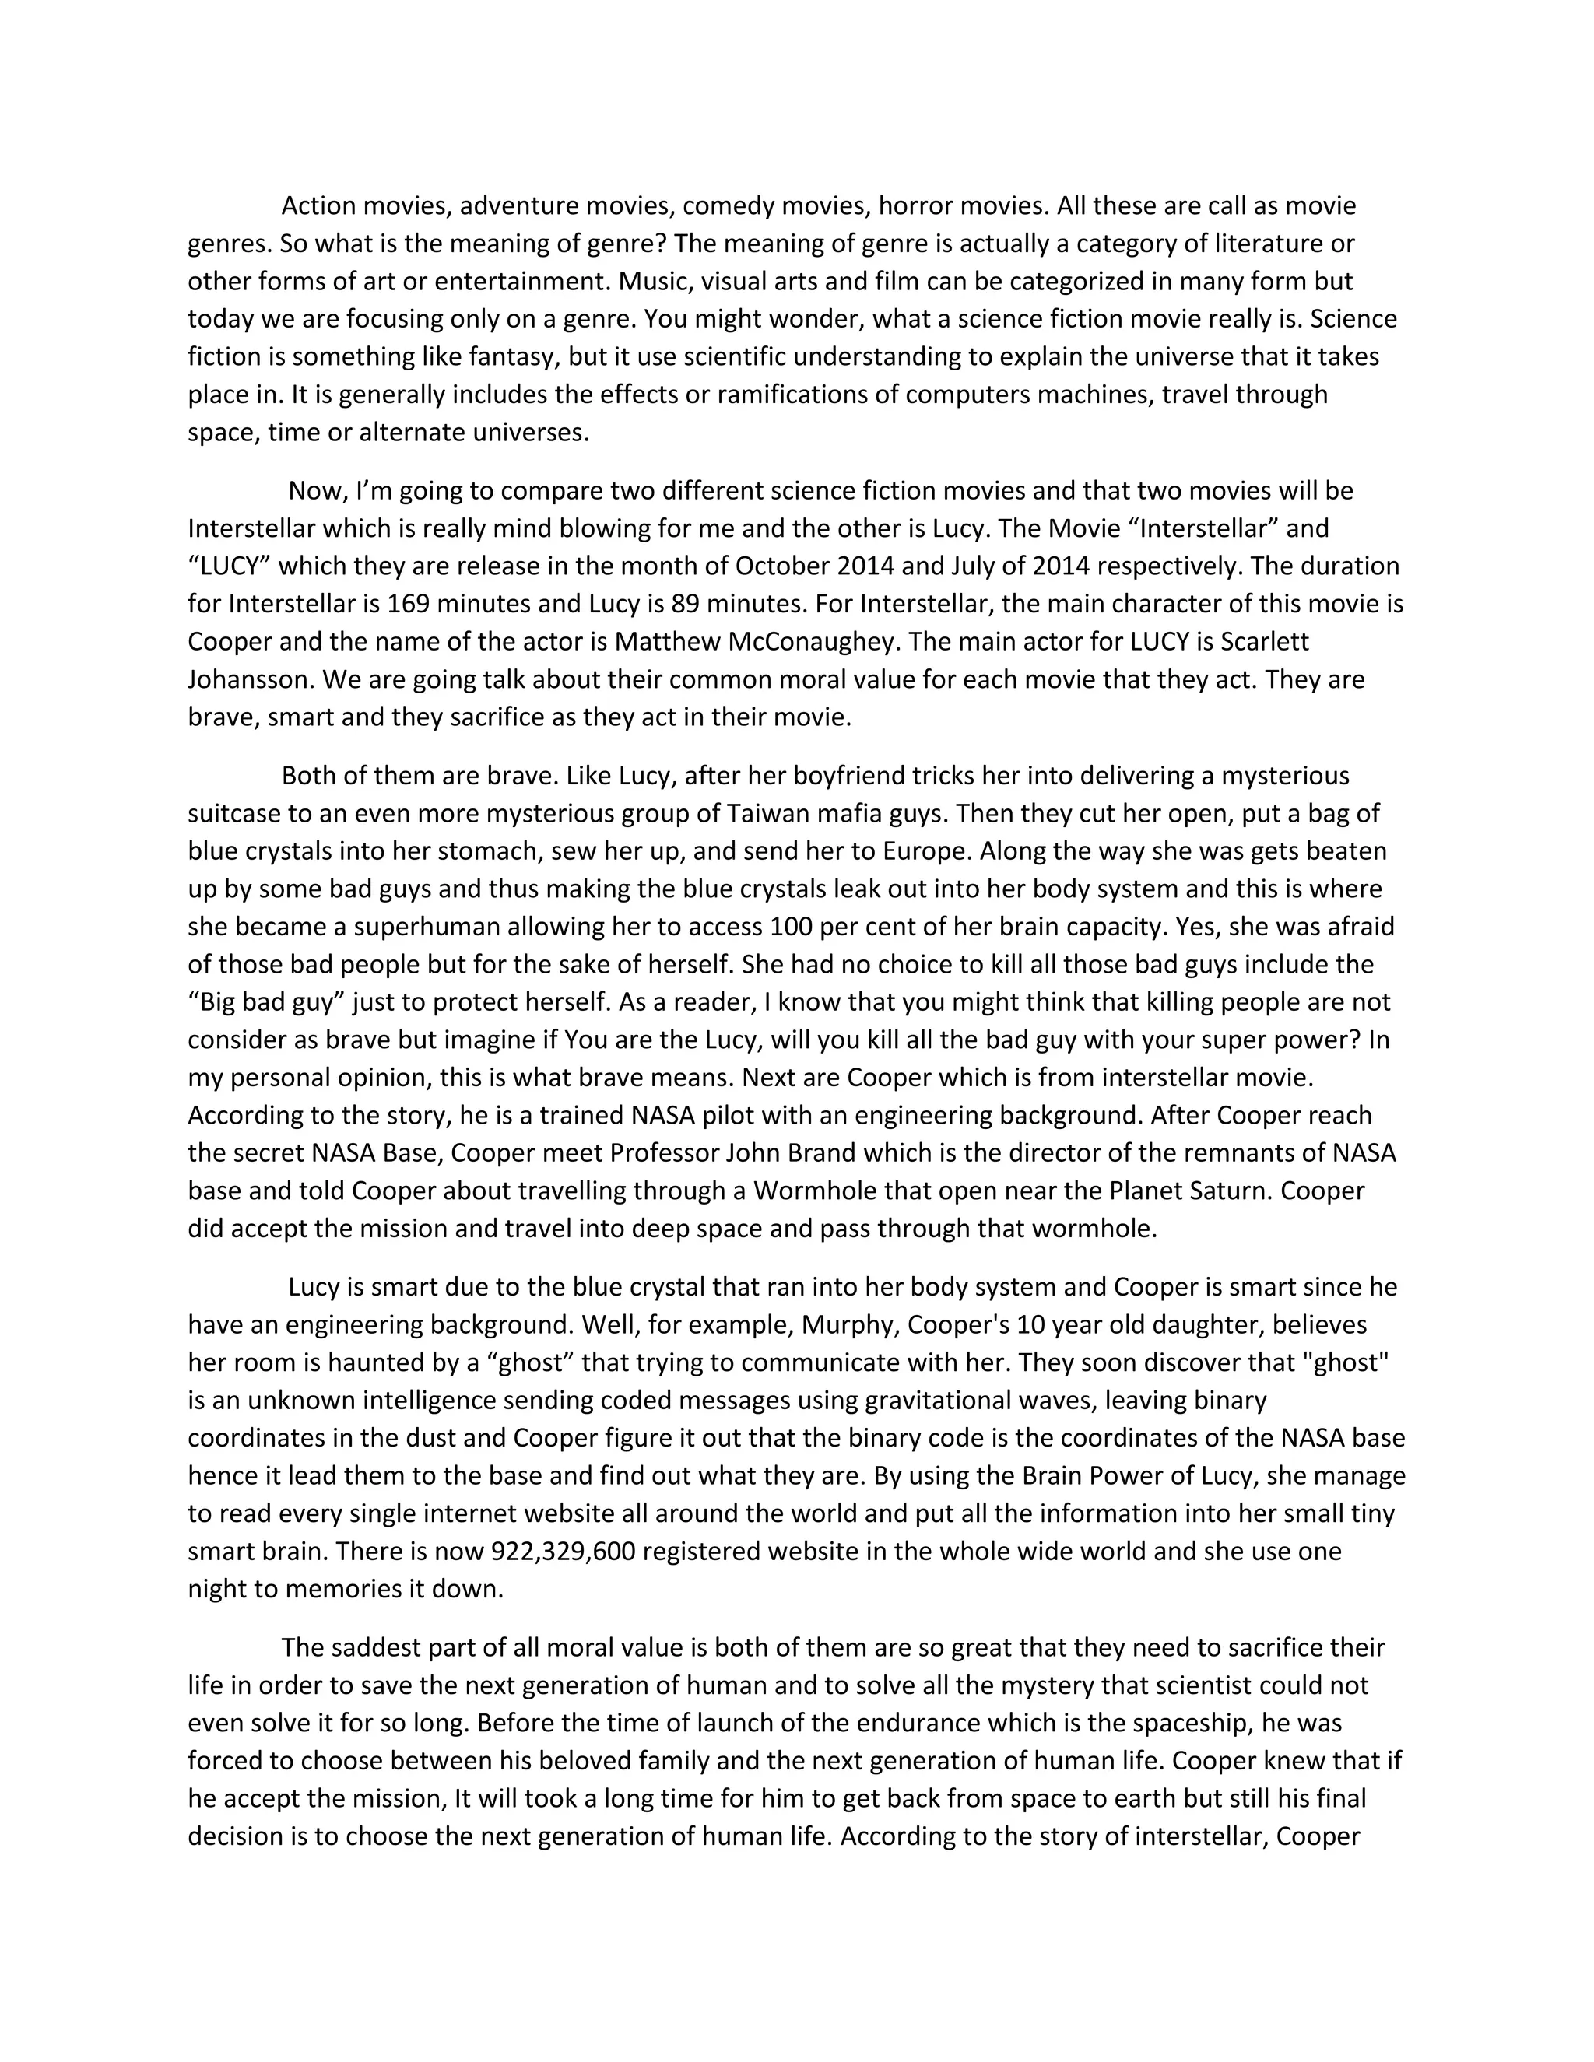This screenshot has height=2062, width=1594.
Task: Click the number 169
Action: (408, 605)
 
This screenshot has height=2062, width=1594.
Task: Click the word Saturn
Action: (1222, 1191)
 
